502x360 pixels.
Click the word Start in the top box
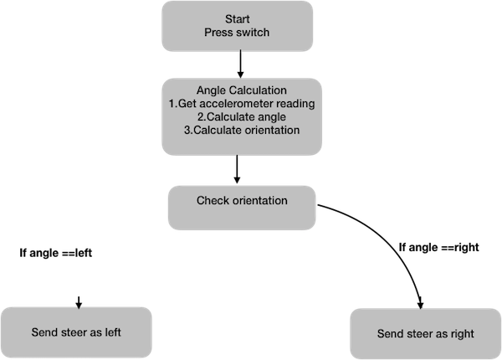pyautogui.click(x=238, y=19)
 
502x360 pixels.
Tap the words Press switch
pyautogui.click(x=237, y=33)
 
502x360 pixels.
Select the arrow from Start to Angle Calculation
pyautogui.click(x=240, y=64)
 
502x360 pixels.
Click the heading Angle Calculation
pyautogui.click(x=242, y=90)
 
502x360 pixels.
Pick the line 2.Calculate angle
pyautogui.click(x=242, y=117)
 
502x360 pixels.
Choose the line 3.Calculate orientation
pyautogui.click(x=242, y=130)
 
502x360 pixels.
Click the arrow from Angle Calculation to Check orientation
pyautogui.click(x=237, y=169)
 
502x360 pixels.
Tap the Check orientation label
pyautogui.click(x=242, y=200)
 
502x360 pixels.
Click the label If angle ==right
pyautogui.click(x=439, y=247)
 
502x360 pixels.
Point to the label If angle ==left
pyautogui.click(x=56, y=253)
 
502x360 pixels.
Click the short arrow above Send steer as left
pyautogui.click(x=79, y=303)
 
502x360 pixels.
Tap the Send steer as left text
pyautogui.click(x=76, y=332)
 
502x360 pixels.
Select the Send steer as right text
pyautogui.click(x=426, y=334)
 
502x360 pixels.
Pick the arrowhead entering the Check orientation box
pyautogui.click(x=237, y=179)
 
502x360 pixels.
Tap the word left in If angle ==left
pyautogui.click(x=84, y=253)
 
